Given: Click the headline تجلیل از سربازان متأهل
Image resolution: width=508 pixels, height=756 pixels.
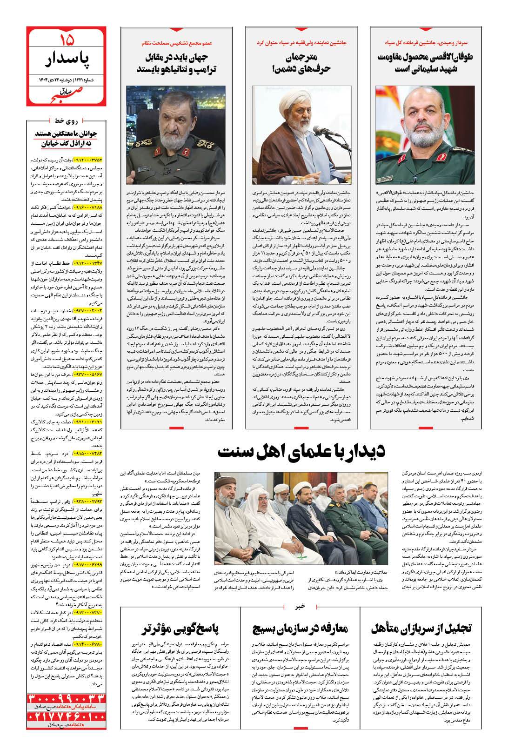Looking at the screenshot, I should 421,629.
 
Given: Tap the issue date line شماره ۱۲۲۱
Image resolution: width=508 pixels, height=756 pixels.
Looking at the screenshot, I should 66,80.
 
